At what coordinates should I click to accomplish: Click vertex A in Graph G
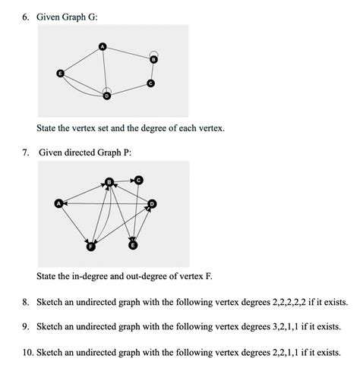(103, 49)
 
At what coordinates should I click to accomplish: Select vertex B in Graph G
(153, 59)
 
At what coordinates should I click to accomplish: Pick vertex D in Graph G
(106, 96)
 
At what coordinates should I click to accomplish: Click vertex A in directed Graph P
(58, 203)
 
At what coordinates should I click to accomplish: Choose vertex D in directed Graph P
(152, 203)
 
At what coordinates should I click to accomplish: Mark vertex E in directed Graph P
(134, 245)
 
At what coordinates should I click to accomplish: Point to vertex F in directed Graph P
(91, 247)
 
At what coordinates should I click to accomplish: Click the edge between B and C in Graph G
(152, 71)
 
